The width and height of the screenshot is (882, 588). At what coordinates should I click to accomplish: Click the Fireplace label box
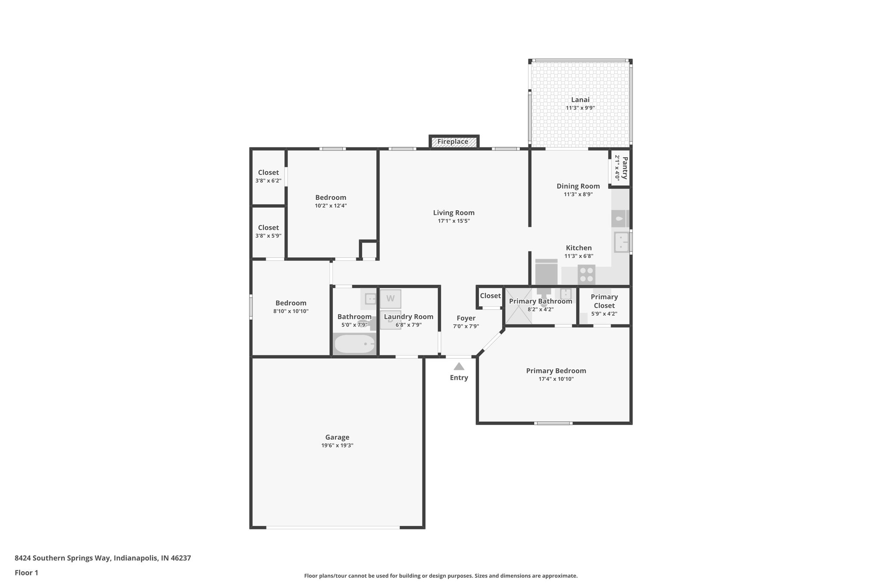[453, 142]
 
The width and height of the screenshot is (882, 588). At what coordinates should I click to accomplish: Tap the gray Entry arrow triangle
[459, 367]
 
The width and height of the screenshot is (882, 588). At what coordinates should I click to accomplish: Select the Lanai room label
[580, 100]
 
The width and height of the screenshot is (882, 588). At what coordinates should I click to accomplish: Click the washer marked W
[390, 299]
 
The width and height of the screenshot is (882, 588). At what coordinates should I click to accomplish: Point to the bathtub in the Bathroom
[355, 344]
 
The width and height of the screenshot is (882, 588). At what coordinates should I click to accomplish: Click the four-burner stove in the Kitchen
[586, 274]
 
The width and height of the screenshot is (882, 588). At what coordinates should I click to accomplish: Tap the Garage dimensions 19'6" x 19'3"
[337, 445]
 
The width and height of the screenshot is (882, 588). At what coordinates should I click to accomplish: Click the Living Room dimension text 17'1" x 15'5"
[453, 221]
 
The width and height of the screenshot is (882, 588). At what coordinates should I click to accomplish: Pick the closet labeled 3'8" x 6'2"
[268, 176]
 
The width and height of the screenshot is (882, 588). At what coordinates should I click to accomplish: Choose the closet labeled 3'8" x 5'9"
[268, 231]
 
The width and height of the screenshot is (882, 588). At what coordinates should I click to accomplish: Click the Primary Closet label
[604, 301]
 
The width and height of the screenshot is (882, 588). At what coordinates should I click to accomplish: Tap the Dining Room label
[578, 186]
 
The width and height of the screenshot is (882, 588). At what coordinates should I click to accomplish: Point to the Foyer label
[466, 318]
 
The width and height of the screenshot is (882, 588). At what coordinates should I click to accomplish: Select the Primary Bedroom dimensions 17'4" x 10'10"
[556, 379]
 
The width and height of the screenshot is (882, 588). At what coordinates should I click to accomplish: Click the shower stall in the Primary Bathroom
[519, 312]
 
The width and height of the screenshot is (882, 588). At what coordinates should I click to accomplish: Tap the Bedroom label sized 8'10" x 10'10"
[291, 303]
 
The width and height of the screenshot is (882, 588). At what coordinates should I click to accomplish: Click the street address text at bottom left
[103, 558]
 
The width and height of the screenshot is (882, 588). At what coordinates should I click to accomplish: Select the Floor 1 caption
[26, 573]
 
